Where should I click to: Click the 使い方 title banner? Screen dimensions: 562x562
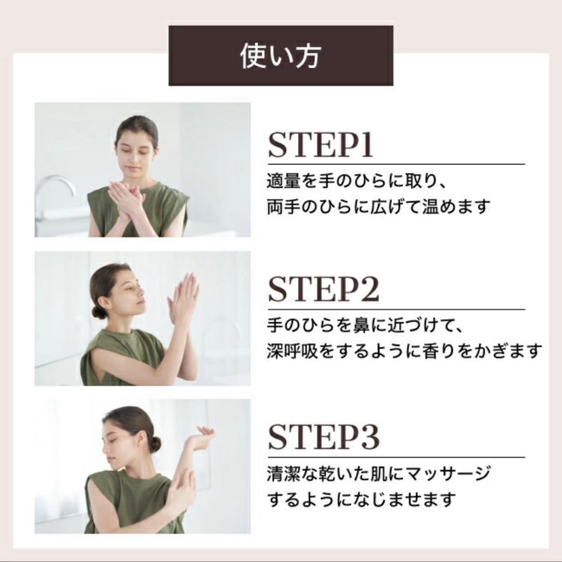click(280, 56)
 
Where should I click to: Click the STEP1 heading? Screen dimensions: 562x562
click(321, 145)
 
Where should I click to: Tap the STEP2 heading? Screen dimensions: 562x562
click(323, 290)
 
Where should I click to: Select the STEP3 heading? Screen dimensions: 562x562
click(323, 437)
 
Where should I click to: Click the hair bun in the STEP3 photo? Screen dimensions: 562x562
click(155, 444)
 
